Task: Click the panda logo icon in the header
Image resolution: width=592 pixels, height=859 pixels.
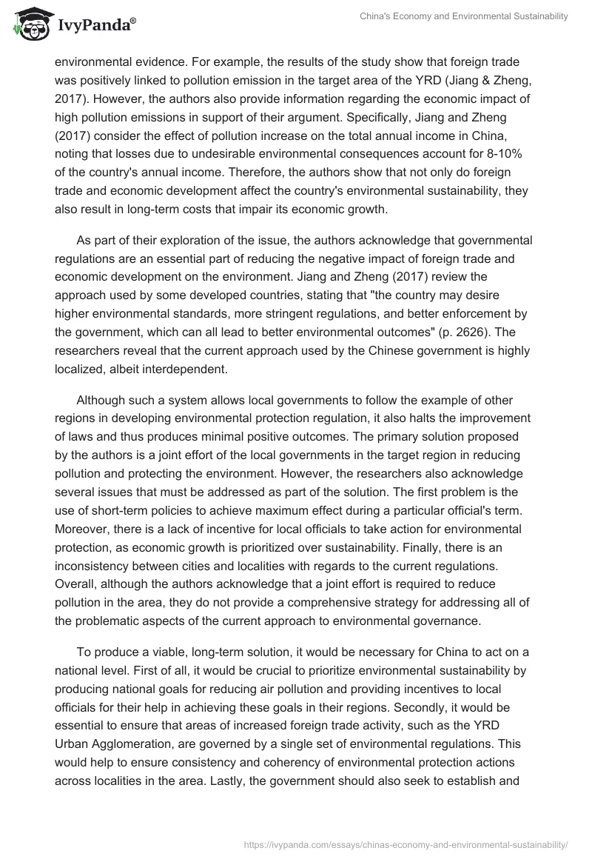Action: (29, 24)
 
